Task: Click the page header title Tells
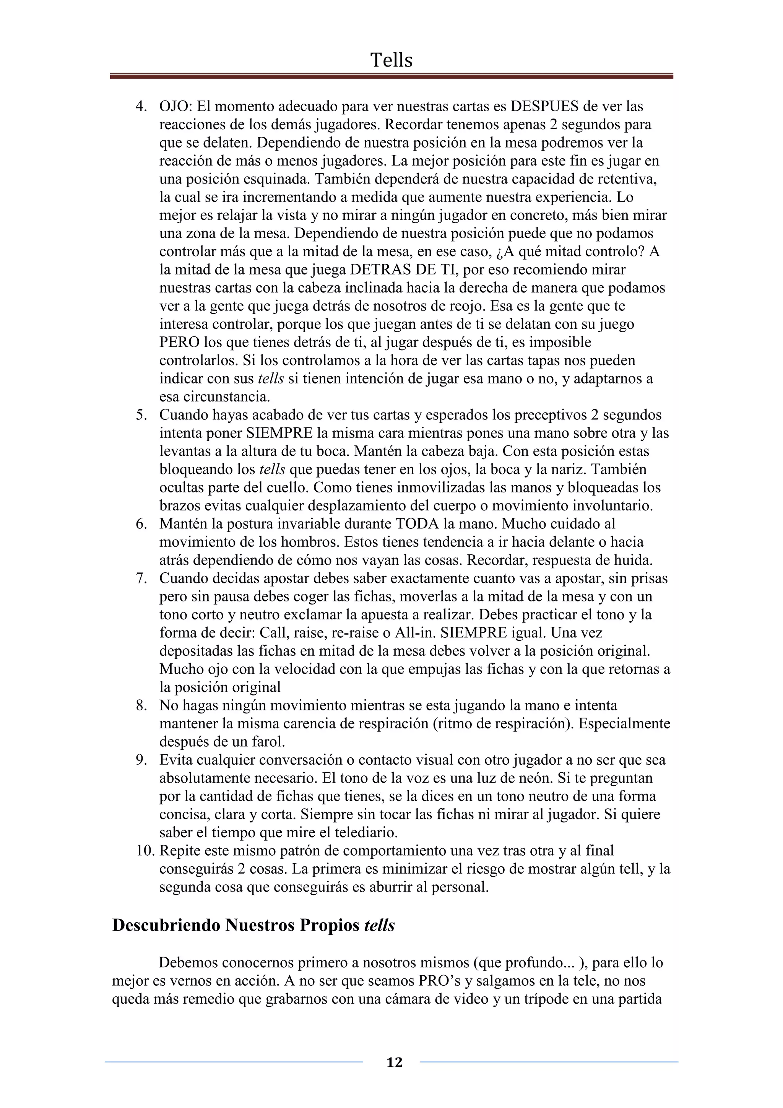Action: click(x=391, y=60)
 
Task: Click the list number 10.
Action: click(x=145, y=850)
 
